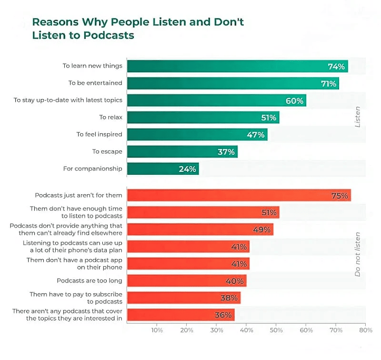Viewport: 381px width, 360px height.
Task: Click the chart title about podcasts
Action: coord(138,29)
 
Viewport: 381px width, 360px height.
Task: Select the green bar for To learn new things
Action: coord(237,66)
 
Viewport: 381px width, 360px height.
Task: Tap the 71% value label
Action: coord(329,83)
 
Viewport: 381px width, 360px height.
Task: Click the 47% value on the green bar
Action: coord(255,135)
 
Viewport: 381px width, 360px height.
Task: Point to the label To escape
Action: coord(107,151)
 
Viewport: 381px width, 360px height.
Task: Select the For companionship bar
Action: coord(162,169)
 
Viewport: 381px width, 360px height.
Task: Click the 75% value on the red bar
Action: coord(340,195)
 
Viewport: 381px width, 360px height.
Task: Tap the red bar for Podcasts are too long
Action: coord(186,281)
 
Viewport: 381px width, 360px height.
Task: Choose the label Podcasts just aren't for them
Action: coord(79,195)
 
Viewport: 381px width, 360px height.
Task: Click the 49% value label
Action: coord(262,230)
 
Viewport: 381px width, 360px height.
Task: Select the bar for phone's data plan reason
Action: coord(188,247)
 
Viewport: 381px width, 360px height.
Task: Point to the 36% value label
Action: coord(223,315)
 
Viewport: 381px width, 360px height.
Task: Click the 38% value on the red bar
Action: coord(229,298)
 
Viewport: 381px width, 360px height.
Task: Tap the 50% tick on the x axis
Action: coord(276,330)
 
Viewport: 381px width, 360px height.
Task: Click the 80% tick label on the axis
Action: coord(365,330)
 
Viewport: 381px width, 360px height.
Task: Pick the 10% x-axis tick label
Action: coord(157,330)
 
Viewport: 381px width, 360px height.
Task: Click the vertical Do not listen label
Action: coord(358,254)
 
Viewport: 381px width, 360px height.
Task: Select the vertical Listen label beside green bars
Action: coord(358,117)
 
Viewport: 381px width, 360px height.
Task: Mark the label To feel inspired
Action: coord(99,134)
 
